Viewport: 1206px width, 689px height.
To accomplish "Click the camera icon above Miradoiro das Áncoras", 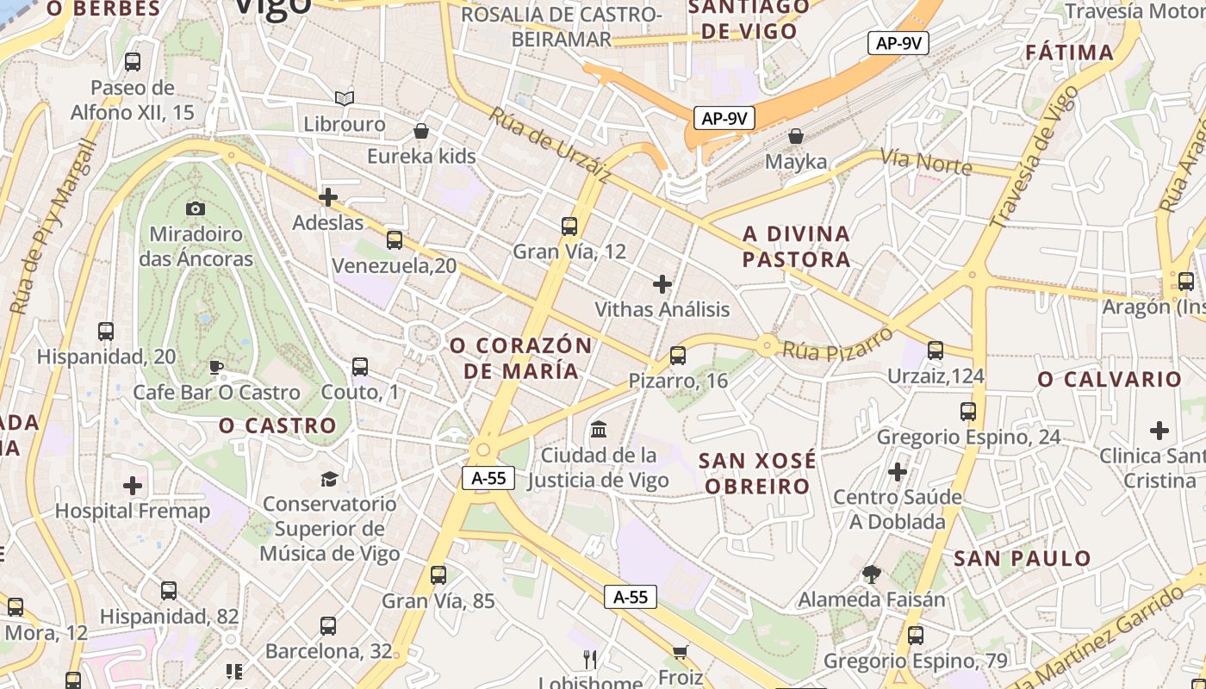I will point(196,208).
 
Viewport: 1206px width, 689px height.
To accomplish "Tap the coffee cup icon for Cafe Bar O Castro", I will point(216,368).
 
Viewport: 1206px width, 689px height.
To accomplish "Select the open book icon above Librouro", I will point(345,98).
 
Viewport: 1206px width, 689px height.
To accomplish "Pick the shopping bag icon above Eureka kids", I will point(421,132).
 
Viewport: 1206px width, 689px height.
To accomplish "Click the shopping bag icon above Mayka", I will point(796,136).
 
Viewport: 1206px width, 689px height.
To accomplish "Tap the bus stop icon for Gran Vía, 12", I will point(569,227).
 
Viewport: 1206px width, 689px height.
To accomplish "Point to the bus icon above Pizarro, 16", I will point(678,355).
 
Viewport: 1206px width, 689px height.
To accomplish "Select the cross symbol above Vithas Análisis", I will point(662,283).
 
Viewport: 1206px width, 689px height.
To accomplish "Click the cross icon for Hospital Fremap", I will point(133,486).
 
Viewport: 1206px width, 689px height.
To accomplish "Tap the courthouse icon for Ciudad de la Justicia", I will point(599,429).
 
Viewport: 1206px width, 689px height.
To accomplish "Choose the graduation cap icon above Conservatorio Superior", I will point(329,479).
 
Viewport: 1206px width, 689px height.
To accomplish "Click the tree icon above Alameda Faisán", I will point(872,574).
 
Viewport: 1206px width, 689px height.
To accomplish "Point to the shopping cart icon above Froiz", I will point(681,652).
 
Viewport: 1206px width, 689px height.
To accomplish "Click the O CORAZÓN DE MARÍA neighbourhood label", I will point(521,358).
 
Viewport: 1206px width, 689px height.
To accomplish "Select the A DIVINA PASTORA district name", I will point(797,246).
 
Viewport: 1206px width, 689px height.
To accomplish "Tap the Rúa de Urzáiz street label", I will point(550,145).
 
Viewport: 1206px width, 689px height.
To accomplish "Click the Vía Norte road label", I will point(926,162).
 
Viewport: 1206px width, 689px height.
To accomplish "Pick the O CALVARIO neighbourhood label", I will point(1110,380).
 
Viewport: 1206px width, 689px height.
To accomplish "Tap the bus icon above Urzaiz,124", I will point(936,351).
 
